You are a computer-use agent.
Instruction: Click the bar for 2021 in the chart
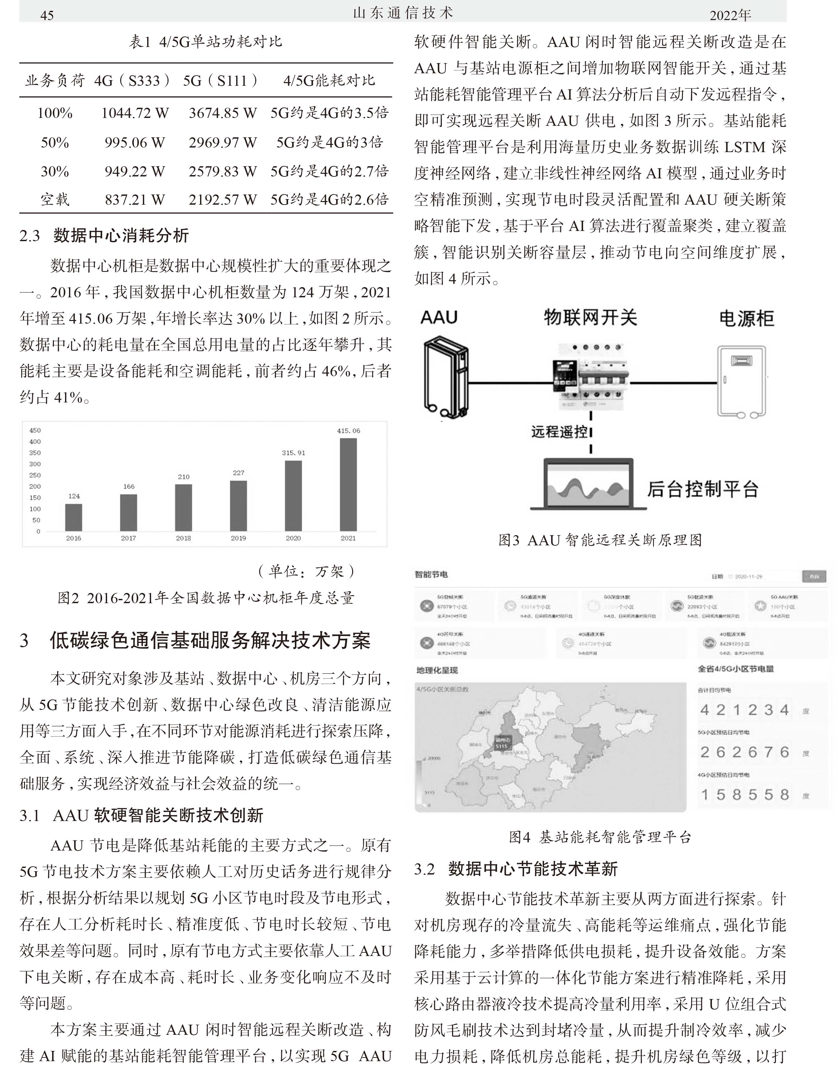click(348, 484)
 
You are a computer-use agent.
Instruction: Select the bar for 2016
click(74, 517)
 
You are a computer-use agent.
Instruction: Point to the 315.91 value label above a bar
click(293, 453)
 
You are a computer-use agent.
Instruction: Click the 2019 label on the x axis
click(238, 538)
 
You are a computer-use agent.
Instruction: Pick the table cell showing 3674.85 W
click(223, 113)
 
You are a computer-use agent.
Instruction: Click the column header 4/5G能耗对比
click(329, 80)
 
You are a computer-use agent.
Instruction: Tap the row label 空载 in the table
click(55, 200)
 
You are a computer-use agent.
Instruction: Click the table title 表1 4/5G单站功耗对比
click(206, 42)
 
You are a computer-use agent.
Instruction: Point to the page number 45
click(47, 15)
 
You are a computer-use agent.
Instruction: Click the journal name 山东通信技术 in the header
click(403, 13)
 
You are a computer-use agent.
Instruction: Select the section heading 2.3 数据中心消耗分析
click(104, 236)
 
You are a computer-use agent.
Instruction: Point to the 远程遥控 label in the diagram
click(559, 432)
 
